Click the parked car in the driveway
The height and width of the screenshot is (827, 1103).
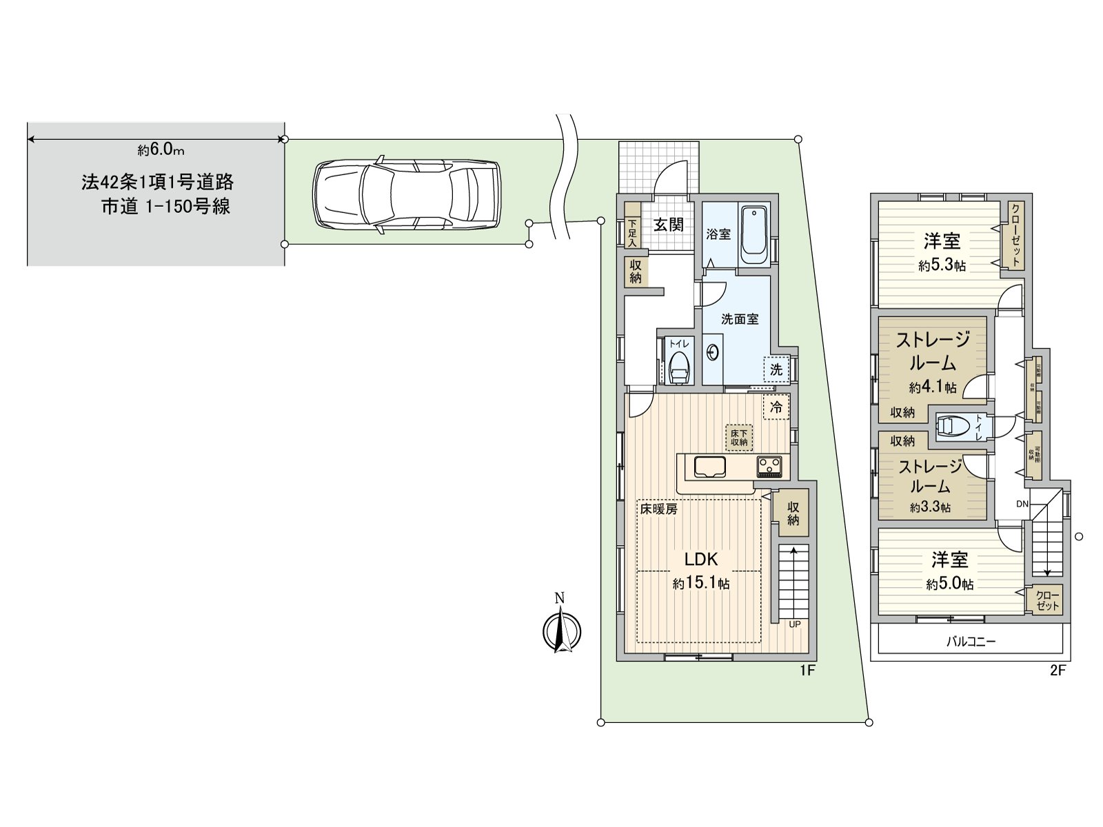[x=407, y=196]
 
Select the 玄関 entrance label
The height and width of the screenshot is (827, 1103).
[x=668, y=224]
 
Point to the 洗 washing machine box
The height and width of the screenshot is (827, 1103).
[x=776, y=369]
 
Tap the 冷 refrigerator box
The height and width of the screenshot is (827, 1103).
[x=776, y=407]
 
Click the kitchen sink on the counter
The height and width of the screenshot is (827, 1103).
[x=710, y=467]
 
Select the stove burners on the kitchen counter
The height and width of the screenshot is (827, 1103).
[x=771, y=467]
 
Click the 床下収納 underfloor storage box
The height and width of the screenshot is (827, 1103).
[x=739, y=437]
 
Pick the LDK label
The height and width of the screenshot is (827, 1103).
[x=700, y=559]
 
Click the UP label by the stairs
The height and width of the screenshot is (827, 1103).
[x=794, y=624]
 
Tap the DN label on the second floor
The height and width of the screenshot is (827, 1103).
[x=1022, y=504]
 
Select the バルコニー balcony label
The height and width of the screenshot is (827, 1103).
[x=970, y=642]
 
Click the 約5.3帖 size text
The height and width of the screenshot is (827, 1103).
[x=942, y=265]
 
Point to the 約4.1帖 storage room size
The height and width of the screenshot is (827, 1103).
[x=932, y=387]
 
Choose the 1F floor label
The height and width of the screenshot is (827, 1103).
[x=808, y=670]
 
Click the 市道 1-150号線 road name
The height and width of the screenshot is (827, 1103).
[x=165, y=207]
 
